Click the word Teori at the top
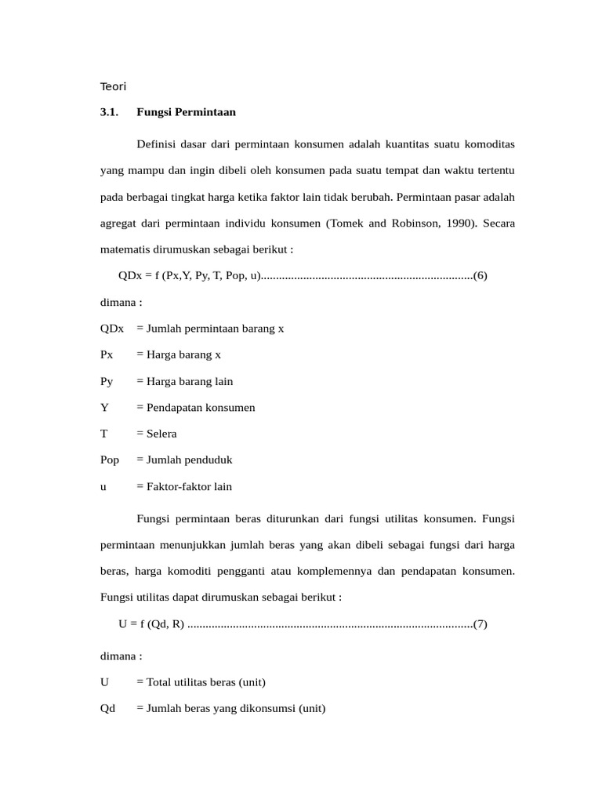[x=113, y=86]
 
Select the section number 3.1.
[x=109, y=112]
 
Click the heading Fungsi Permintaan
[x=186, y=112]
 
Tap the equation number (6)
[x=481, y=275]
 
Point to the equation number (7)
[x=481, y=624]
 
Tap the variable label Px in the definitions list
[x=107, y=354]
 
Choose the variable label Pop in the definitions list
[x=110, y=460]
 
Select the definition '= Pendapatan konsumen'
[x=195, y=407]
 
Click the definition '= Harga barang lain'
[x=184, y=381]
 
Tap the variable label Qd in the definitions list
[x=107, y=708]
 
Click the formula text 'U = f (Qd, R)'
[x=151, y=624]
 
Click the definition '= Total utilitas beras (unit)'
[x=206, y=682]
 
